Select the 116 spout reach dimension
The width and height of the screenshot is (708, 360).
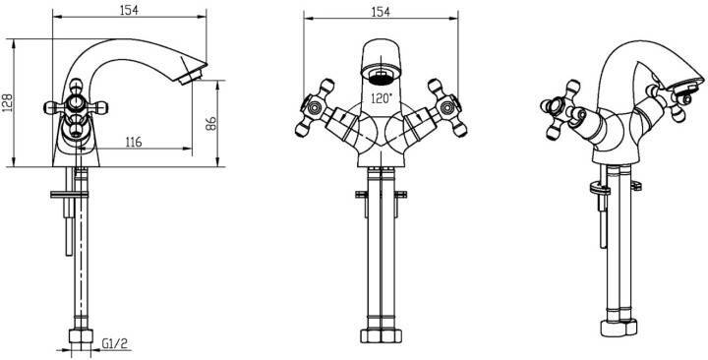coord(133,143)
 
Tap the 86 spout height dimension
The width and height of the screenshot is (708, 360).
coord(211,123)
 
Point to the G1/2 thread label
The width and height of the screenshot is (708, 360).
coord(115,344)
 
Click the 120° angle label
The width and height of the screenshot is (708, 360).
coord(382,98)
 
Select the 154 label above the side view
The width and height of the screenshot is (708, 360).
coord(129,11)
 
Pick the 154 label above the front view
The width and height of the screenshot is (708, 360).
coord(381,12)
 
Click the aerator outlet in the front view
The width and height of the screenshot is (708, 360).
coord(382,78)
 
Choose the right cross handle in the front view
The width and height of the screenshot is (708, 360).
coord(446,107)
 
